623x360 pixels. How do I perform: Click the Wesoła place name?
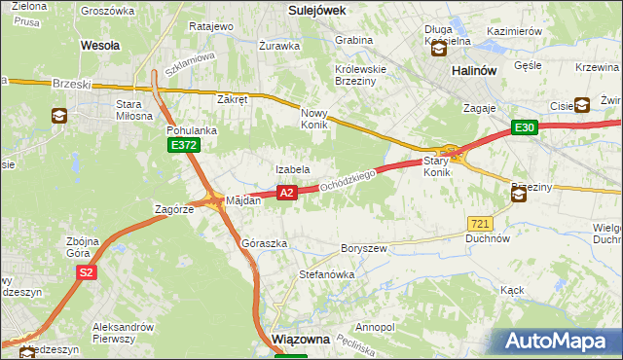100,45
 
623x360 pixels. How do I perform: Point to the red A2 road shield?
286,194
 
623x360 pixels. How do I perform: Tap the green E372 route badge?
182,145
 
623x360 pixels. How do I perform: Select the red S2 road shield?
87,272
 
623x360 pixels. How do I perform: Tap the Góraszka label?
264,243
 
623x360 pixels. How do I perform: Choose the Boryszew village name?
364,248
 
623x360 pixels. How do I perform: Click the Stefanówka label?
326,275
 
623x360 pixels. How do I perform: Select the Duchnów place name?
488,238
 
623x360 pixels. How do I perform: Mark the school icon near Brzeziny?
519,195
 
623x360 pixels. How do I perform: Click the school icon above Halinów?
439,48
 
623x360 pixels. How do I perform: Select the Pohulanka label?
191,128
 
